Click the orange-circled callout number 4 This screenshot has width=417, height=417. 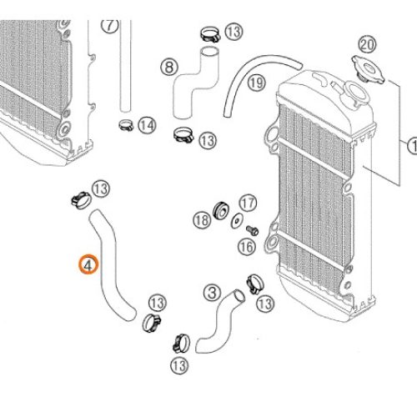pyautogui.click(x=88, y=264)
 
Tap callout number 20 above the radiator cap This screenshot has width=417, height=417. pyautogui.click(x=368, y=45)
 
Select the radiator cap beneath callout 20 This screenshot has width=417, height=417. pyautogui.click(x=369, y=69)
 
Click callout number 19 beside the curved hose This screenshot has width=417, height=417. pyautogui.click(x=257, y=83)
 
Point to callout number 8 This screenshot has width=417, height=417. pyautogui.click(x=169, y=67)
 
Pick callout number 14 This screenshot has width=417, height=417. pyautogui.click(x=147, y=125)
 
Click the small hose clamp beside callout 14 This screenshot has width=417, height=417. pyautogui.click(x=126, y=125)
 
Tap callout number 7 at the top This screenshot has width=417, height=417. pyautogui.click(x=110, y=26)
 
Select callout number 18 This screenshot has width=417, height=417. pyautogui.click(x=202, y=220)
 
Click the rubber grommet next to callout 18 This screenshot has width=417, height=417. pyautogui.click(x=221, y=210)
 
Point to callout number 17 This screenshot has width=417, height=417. pyautogui.click(x=248, y=203)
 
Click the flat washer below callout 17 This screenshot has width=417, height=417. pyautogui.click(x=237, y=221)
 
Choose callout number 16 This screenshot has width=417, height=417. pyautogui.click(x=247, y=247)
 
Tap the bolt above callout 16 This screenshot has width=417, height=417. pyautogui.click(x=253, y=230)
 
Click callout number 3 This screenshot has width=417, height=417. pyautogui.click(x=213, y=293)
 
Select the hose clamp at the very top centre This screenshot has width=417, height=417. pyautogui.click(x=210, y=34)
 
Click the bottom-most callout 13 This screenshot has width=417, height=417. pyautogui.click(x=179, y=365)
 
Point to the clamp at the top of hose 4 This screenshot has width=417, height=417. pyautogui.click(x=81, y=199)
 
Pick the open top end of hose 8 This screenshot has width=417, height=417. pyautogui.click(x=210, y=53)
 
